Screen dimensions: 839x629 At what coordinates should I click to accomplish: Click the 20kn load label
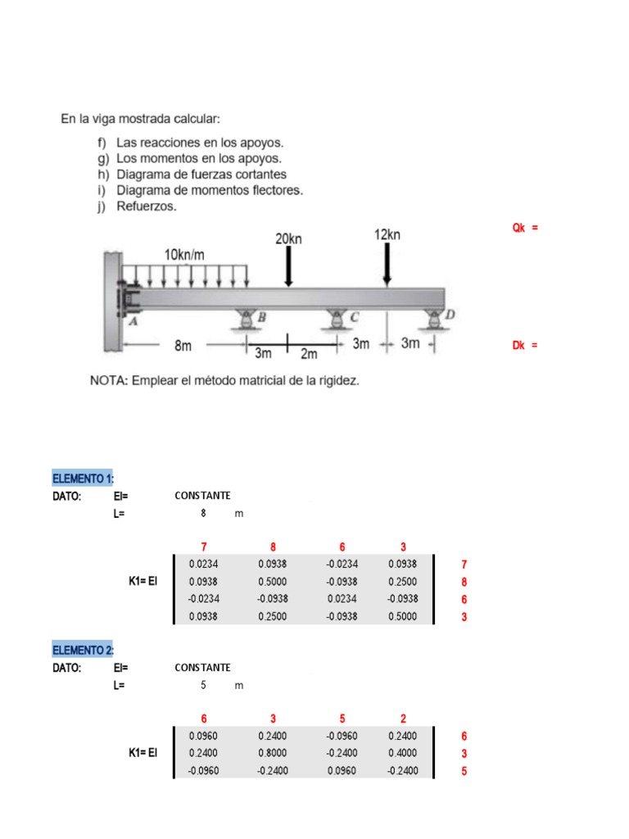pos(288,238)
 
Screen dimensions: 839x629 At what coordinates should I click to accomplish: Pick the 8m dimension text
pos(183,346)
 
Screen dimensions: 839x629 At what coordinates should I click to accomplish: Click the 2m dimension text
pos(308,354)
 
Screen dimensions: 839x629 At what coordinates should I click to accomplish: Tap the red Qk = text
pos(525,228)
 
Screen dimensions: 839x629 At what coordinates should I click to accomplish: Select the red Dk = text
pos(525,345)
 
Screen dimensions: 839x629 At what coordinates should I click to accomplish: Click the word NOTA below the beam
pos(107,381)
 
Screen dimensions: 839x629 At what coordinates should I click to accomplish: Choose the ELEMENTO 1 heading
pos(84,478)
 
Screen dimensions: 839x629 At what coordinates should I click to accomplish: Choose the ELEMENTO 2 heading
pos(84,651)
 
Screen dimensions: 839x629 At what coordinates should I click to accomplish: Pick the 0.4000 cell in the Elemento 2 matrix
pos(403,753)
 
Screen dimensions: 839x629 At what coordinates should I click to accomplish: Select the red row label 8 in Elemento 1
pos(464,582)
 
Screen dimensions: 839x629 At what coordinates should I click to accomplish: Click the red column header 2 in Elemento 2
pos(403,719)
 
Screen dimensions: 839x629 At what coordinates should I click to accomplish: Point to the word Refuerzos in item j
pos(147,206)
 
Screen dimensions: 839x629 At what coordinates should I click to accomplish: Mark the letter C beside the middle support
pos(354,316)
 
